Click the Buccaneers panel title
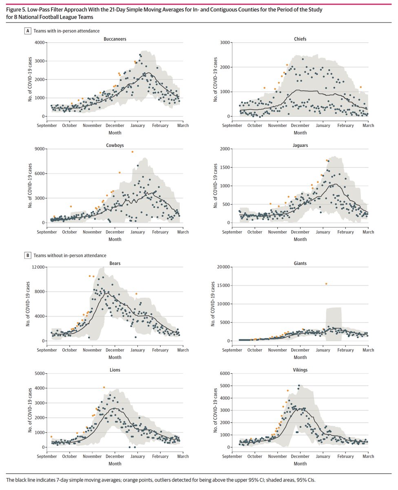point(115,39)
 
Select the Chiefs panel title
point(300,39)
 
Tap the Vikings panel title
point(300,370)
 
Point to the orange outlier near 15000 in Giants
point(326,284)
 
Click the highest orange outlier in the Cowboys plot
point(132,152)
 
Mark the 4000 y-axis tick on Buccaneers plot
point(39,43)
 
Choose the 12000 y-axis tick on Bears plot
point(38,267)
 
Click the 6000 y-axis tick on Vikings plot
point(225,373)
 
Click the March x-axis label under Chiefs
point(368,126)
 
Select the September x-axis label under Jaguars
point(232,232)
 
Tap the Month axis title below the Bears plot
point(115,357)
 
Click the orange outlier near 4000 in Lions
point(104,387)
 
